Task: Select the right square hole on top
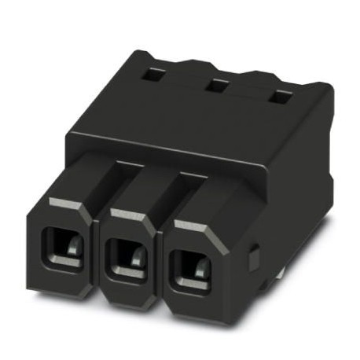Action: click(x=279, y=97)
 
